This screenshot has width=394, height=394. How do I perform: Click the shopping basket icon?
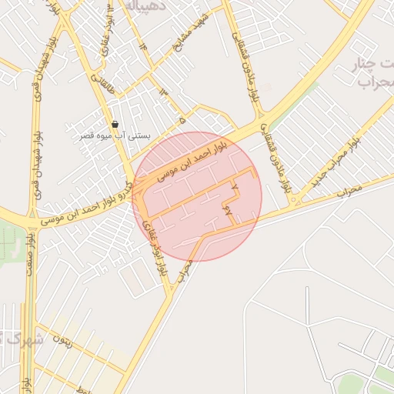click(115, 124)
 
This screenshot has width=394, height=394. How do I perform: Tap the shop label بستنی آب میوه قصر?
click(117, 135)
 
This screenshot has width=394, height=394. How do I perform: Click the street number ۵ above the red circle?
click(182, 121)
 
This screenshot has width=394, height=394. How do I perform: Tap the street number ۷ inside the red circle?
click(234, 186)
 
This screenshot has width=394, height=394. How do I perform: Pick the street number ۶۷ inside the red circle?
click(229, 209)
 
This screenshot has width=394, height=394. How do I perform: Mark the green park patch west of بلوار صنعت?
click(9, 245)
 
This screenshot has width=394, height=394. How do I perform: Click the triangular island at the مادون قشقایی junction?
click(294, 202)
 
